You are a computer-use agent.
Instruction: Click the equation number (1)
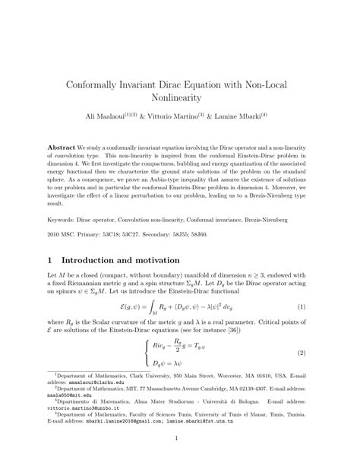click(301, 307)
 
